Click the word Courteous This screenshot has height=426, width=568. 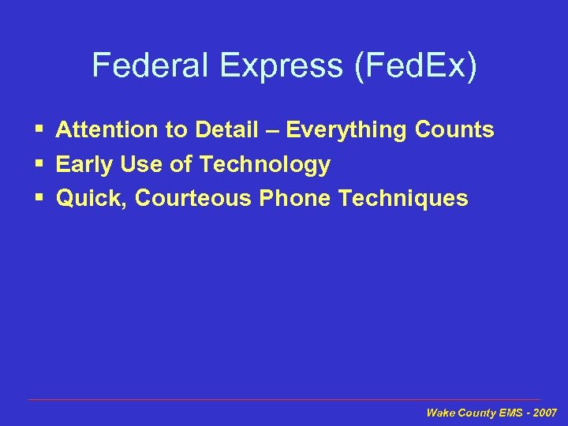pos(194,198)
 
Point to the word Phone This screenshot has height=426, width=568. pos(296,198)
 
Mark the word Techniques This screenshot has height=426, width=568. pos(403,198)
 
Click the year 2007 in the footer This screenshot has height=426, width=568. pos(544,413)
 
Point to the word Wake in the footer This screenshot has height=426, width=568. pos(439,413)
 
